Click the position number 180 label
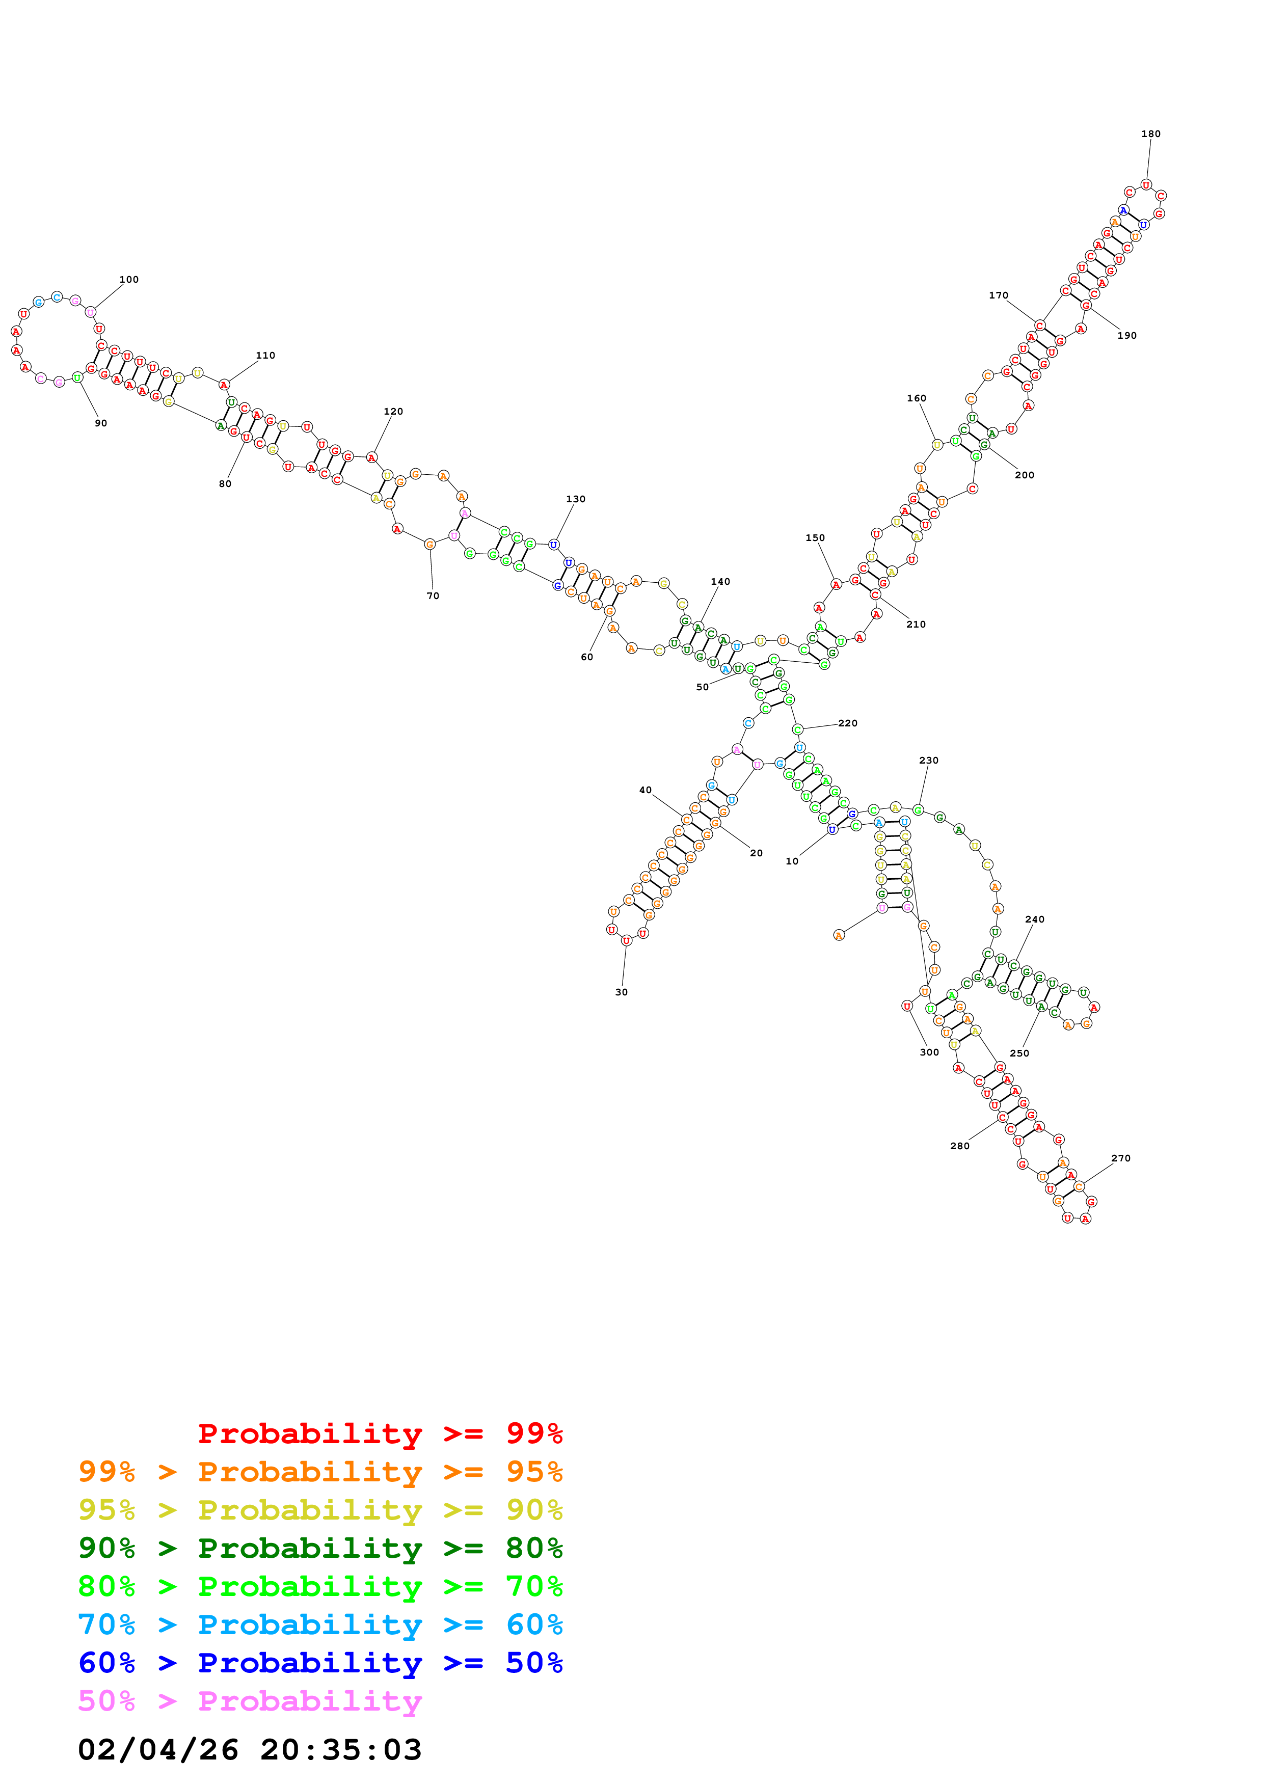pos(1150,134)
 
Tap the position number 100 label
pos(129,280)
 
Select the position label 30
pos(621,992)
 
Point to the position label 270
pos(1120,1158)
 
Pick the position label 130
pos(576,499)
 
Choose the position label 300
pos(929,1052)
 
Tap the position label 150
pos(815,538)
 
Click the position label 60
pos(587,657)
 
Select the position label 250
pos(1019,1053)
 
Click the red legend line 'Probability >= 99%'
pos(380,1433)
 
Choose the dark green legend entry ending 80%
pos(320,1548)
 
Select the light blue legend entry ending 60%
pos(320,1624)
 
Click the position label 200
pos(1024,475)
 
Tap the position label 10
pos(791,861)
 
